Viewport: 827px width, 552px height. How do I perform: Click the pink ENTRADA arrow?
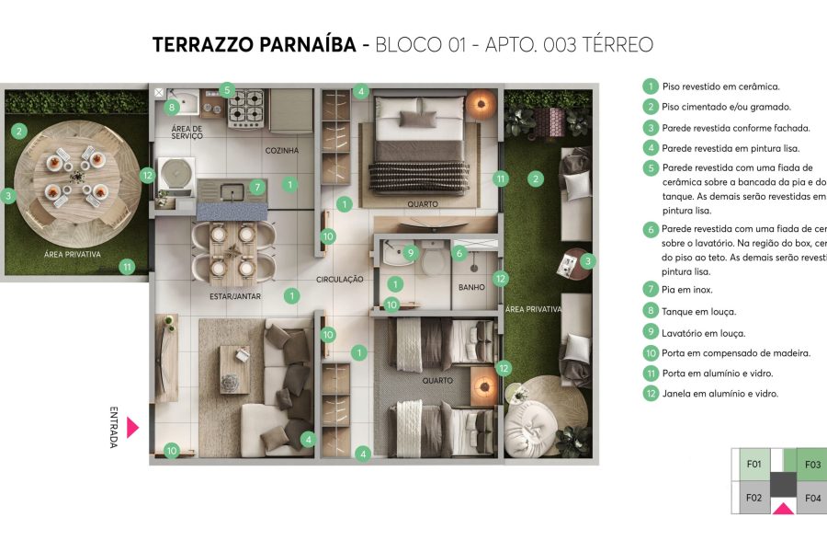tap(132, 427)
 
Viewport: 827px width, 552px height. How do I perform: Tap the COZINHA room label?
tap(283, 150)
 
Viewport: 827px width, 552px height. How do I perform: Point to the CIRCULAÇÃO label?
tap(340, 279)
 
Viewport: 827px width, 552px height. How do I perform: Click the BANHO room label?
tap(471, 287)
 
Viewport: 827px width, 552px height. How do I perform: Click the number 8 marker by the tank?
tap(172, 108)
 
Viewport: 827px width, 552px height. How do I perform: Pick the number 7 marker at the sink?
tap(257, 186)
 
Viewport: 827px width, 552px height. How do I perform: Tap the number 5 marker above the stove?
tap(227, 90)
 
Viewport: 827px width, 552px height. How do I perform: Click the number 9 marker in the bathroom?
tap(411, 251)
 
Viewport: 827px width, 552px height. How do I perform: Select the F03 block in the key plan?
tap(812, 465)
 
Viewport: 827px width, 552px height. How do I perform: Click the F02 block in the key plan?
tap(754, 498)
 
